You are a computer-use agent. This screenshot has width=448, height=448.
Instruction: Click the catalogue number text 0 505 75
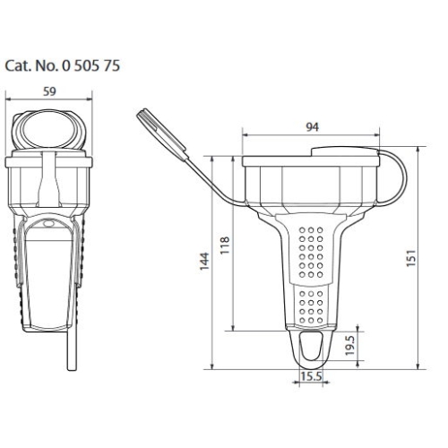coord(90,65)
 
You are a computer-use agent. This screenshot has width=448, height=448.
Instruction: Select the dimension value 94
coord(312,127)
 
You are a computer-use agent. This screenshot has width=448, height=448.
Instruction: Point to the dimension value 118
coord(225,243)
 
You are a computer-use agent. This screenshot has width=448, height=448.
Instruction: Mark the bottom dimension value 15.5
coord(311,377)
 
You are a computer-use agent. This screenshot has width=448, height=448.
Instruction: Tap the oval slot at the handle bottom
coord(311,344)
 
